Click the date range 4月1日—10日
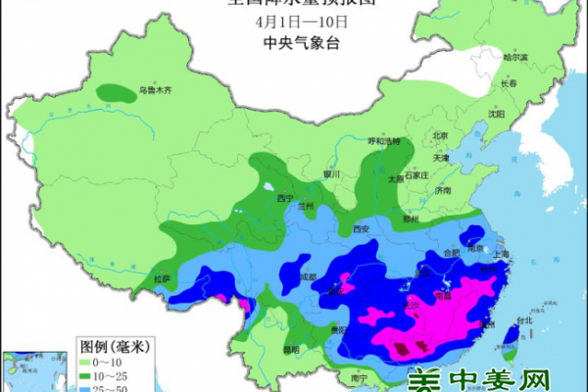tap(293, 22)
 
